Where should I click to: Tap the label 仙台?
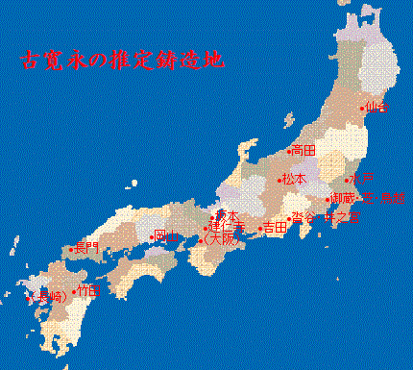point(377,108)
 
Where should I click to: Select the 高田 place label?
point(304,151)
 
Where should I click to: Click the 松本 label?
point(294,180)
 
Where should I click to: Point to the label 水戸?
point(362,180)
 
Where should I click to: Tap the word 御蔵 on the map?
point(343,199)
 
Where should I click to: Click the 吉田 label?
point(275,229)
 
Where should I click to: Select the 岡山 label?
point(168,236)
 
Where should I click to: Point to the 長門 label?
point(86,249)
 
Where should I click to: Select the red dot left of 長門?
point(72,250)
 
